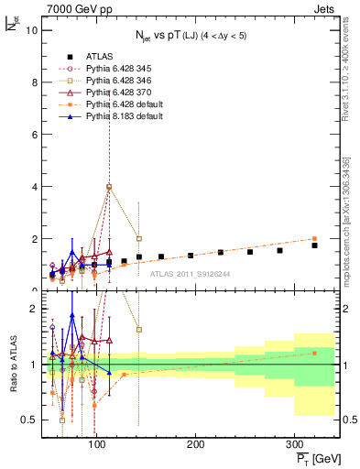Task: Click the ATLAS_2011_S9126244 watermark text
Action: [190, 273]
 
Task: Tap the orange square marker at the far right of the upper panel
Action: [314, 238]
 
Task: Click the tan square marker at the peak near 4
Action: [109, 187]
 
